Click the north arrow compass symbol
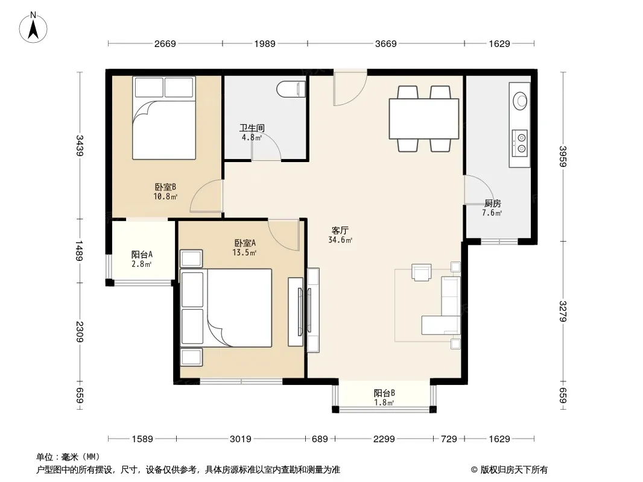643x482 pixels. (33, 27)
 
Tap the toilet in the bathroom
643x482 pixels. (291, 89)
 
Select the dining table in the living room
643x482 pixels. (424, 119)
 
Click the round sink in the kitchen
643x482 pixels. (521, 100)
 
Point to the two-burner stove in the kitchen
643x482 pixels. (520, 143)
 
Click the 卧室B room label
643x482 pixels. (165, 187)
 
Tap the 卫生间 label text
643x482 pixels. (252, 128)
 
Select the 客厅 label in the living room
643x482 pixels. (340, 231)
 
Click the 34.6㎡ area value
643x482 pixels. (340, 240)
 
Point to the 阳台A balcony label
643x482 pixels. (142, 254)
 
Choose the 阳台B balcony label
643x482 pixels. (384, 393)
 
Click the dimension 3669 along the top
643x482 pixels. (386, 43)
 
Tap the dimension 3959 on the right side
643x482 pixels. (563, 157)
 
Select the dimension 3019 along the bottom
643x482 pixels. (240, 439)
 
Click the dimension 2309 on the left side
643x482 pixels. (80, 332)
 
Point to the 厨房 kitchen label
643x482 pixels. (492, 204)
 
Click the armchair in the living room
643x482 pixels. (422, 272)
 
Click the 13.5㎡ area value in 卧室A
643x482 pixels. (244, 252)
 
